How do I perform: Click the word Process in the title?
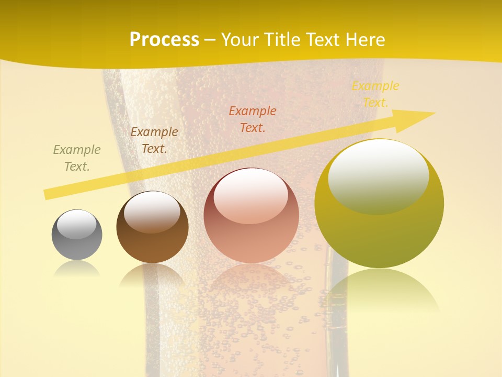click(164, 40)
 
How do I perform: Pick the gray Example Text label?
click(77, 158)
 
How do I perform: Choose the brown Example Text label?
click(154, 140)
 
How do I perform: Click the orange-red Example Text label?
click(253, 119)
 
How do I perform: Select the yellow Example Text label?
click(375, 94)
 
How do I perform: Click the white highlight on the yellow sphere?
click(378, 175)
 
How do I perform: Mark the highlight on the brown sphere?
click(152, 210)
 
